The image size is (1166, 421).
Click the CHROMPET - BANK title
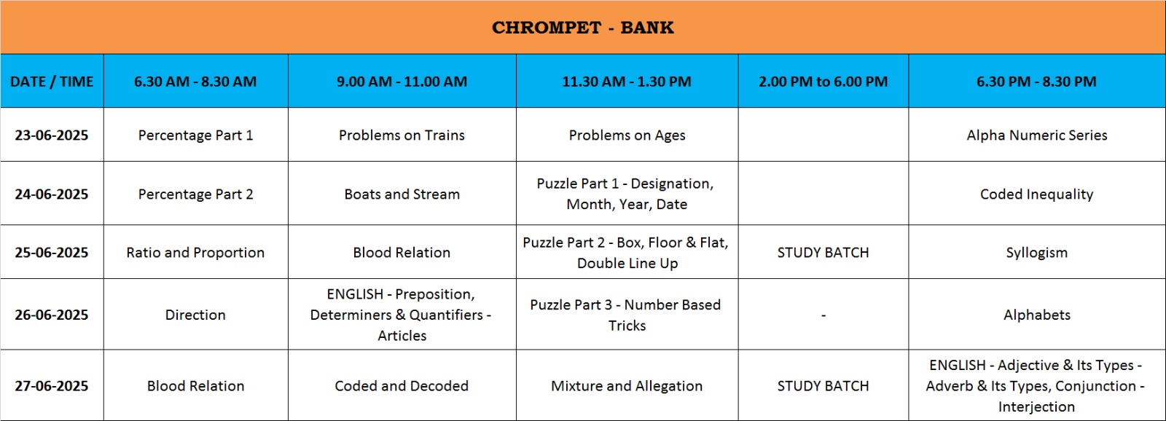click(582, 28)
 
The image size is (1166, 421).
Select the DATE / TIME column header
click(52, 82)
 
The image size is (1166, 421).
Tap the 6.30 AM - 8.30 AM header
click(195, 82)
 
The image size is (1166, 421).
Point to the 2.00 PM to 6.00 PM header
click(823, 82)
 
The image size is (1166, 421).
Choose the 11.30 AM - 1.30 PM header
click(627, 82)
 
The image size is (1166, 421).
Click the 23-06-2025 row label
click(52, 135)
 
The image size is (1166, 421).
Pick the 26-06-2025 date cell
click(52, 315)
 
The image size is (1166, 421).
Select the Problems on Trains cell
click(402, 135)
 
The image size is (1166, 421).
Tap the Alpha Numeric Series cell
click(1037, 135)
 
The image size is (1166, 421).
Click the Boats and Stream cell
click(402, 194)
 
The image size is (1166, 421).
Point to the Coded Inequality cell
click(1037, 194)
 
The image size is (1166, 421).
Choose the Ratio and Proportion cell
click(195, 253)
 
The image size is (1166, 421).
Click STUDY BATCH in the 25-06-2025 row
click(823, 253)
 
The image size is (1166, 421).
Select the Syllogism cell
click(1037, 253)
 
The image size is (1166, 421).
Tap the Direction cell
click(195, 315)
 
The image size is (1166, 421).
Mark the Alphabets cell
click(1037, 315)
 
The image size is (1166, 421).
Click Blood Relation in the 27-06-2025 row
click(195, 385)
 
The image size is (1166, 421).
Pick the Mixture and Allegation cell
click(627, 385)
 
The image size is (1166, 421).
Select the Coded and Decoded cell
click(402, 385)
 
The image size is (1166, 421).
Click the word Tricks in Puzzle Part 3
click(627, 326)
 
